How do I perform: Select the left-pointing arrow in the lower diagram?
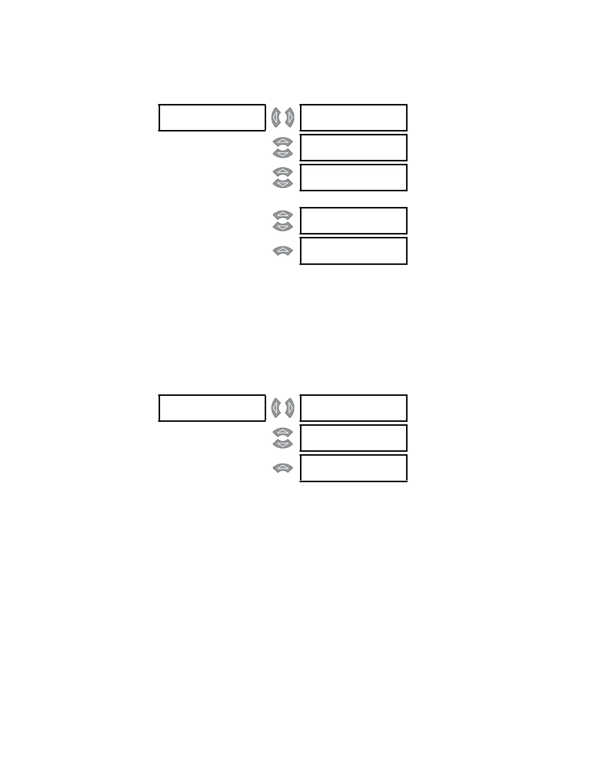[276, 408]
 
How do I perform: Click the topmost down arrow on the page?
[283, 154]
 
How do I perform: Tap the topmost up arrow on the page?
[283, 142]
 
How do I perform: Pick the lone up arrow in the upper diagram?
[283, 251]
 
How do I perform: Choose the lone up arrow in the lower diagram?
[283, 468]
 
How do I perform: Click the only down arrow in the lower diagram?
[283, 443]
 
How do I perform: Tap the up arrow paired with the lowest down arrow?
[283, 432]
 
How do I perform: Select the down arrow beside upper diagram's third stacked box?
[283, 183]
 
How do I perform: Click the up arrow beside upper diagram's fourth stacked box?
[283, 215]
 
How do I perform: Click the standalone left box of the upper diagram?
[212, 118]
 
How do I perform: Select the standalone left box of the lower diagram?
[212, 408]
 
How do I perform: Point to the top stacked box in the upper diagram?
[354, 118]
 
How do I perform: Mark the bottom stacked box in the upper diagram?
[354, 251]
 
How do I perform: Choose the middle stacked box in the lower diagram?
[354, 438]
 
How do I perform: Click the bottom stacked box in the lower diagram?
[354, 468]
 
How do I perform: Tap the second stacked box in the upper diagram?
[354, 148]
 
